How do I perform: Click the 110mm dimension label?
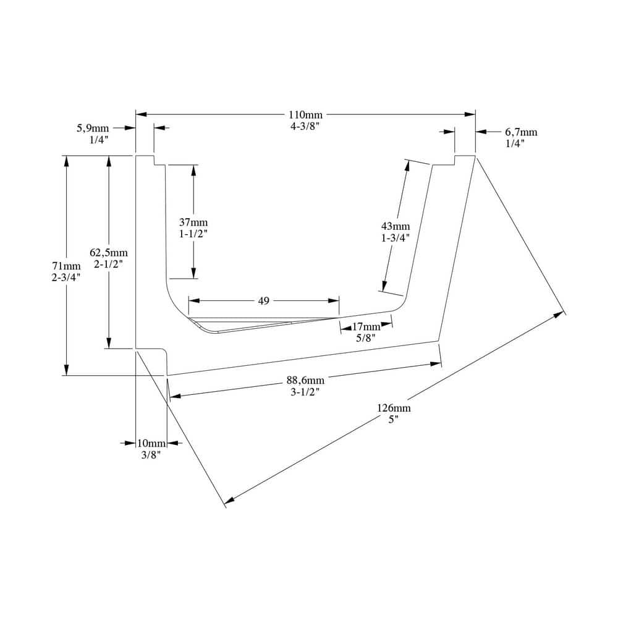click(x=305, y=115)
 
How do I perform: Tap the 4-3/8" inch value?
click(x=305, y=127)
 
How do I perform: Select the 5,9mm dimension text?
click(x=93, y=128)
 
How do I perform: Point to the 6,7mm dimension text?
click(x=521, y=132)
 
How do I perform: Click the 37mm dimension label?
click(x=193, y=222)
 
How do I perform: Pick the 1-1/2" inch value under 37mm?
click(x=193, y=234)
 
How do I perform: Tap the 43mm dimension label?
click(x=396, y=226)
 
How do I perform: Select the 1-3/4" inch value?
click(x=396, y=238)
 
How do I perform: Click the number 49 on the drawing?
click(x=264, y=301)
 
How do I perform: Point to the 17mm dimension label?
click(x=366, y=326)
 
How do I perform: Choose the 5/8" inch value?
click(x=366, y=338)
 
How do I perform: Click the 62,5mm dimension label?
click(x=109, y=252)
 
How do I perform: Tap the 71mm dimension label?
click(x=66, y=266)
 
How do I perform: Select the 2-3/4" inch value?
click(x=66, y=277)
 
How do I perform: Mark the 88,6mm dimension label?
click(x=305, y=380)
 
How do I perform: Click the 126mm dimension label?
click(x=394, y=408)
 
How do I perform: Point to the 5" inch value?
click(x=394, y=420)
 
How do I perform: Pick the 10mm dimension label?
click(x=151, y=443)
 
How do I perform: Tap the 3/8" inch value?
click(x=151, y=455)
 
